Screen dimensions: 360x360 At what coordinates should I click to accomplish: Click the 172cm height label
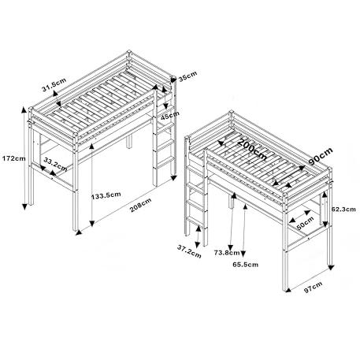point(14,158)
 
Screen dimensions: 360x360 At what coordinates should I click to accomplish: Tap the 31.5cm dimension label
point(54,84)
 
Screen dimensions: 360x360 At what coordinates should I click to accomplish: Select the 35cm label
point(187,76)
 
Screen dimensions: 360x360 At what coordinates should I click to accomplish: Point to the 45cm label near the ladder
point(170,115)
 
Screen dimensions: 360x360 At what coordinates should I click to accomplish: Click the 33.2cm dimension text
point(55,164)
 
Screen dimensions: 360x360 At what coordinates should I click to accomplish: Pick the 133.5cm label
point(106,195)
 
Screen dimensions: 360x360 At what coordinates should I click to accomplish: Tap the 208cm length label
point(140,205)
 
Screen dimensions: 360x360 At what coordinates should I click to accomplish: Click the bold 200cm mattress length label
point(253,149)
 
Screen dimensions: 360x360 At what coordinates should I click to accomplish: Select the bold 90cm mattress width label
point(321,156)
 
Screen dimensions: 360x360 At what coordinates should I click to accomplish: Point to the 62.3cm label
point(343,209)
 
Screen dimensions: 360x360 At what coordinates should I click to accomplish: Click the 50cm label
point(305,223)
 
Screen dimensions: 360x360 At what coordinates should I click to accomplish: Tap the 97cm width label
point(313,287)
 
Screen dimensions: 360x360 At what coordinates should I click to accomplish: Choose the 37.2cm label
point(189,251)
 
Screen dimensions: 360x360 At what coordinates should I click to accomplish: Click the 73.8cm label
point(227,253)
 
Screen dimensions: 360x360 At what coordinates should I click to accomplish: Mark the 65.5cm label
point(246,264)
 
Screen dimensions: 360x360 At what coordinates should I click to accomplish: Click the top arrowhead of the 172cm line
point(24,109)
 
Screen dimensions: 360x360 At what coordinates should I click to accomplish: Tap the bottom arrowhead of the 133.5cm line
point(91,224)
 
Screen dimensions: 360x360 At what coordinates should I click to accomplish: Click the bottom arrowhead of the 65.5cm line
point(243,254)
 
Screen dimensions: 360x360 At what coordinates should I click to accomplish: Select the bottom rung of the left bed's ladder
point(165,162)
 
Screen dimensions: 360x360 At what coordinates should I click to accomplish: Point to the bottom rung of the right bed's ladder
point(195,222)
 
